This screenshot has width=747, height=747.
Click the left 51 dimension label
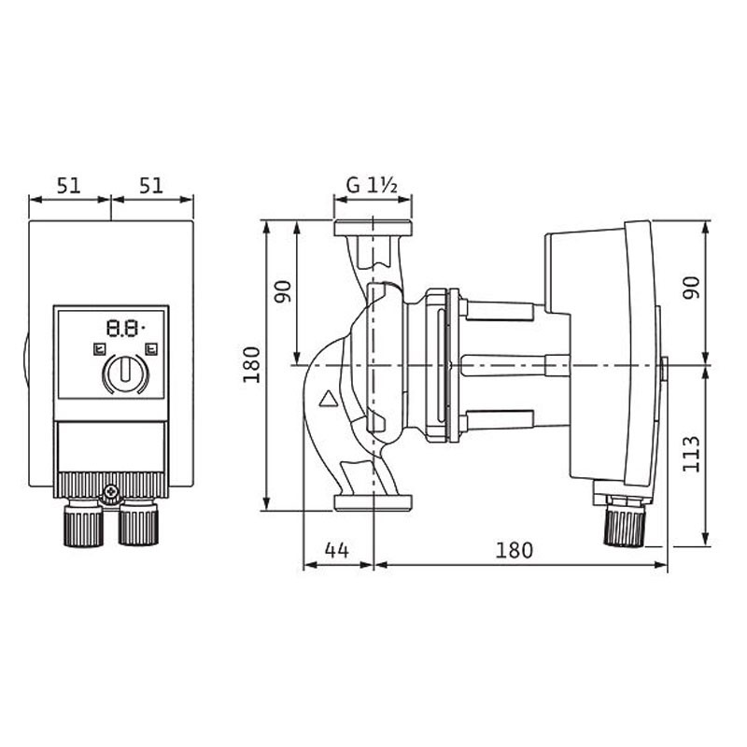pos(69,186)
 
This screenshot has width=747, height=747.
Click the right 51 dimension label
pos(151,186)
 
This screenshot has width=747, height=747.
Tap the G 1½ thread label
pos(372,185)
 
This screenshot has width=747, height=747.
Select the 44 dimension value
pos(337,550)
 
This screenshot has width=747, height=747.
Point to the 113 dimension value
pos(691,454)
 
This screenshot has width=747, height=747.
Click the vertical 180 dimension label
pos(252,365)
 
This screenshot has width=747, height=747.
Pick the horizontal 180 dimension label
pos(514,550)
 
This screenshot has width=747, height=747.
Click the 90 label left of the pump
pos(283,292)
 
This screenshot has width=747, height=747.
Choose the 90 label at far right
pos(692,288)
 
